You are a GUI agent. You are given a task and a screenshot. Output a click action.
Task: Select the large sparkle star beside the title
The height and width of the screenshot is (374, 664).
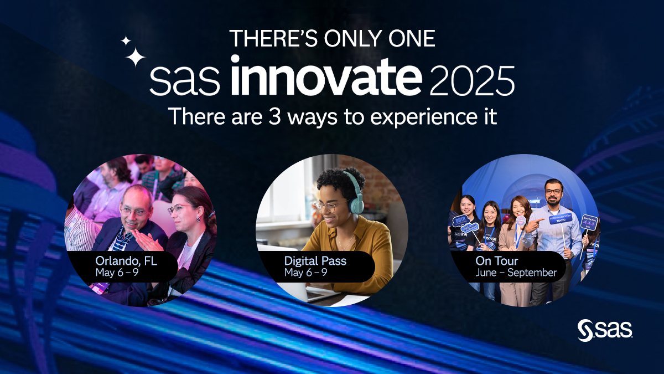coord(135,57)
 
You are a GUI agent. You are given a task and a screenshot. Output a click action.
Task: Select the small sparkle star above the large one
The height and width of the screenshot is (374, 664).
coord(126,40)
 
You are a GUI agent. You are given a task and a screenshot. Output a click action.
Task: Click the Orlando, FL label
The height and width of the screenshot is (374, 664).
coord(126,260)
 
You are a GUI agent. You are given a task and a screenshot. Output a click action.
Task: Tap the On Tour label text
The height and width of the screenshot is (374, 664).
coord(497,260)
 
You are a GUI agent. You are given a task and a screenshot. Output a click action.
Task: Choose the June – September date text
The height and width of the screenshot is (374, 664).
coord(516,273)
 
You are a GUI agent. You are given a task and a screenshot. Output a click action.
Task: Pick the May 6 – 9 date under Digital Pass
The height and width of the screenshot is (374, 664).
coord(305,273)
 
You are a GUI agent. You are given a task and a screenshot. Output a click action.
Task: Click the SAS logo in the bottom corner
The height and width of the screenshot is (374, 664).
coord(605,330)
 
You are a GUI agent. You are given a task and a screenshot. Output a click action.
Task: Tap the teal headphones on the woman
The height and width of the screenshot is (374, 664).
coord(354,191)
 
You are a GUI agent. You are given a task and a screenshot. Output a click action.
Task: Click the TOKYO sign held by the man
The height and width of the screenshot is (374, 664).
coord(560,219)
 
